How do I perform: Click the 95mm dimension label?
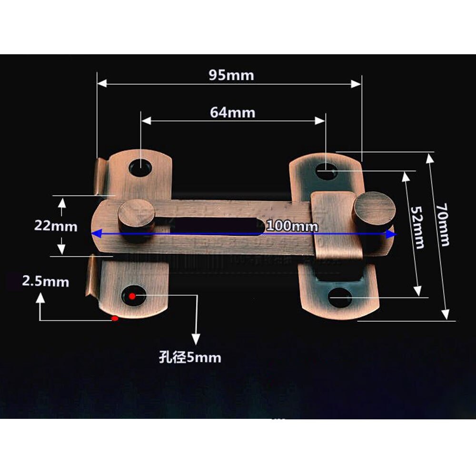coord(231,75)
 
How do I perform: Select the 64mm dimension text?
coord(232,112)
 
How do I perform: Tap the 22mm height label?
coord(55,226)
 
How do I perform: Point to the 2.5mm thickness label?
coord(45,282)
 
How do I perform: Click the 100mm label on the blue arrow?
coord(292,226)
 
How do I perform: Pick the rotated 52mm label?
coord(417,228)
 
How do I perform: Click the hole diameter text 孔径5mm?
coord(190,357)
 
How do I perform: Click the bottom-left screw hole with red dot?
coord(133,296)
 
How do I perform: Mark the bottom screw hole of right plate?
coord(340,299)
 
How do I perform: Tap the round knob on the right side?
coord(374,209)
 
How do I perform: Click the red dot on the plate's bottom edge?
coord(114,318)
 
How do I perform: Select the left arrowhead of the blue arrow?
coord(96,234)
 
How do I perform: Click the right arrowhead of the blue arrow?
coord(391,234)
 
